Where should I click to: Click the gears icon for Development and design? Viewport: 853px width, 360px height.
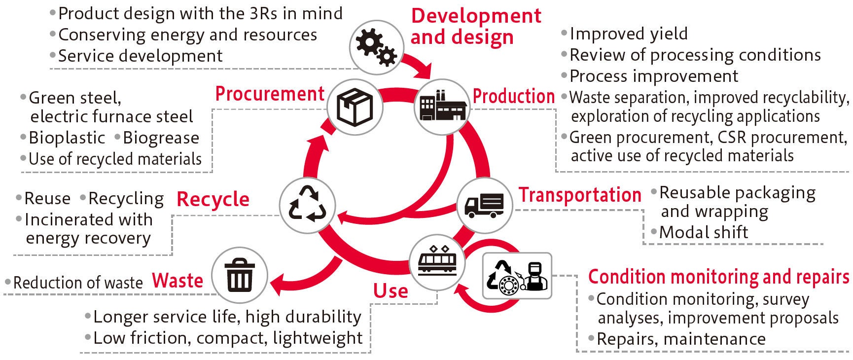click(376, 47)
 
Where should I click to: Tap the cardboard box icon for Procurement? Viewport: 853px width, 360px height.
click(355, 107)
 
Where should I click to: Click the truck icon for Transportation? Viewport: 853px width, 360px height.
click(484, 206)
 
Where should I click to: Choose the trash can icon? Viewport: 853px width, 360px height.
click(240, 276)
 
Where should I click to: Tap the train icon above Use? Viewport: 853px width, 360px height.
click(437, 262)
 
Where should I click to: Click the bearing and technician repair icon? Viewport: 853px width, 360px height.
click(517, 276)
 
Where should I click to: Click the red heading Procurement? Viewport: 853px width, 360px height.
click(270, 94)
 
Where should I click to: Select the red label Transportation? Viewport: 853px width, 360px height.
click(579, 195)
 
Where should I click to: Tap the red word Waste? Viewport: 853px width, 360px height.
click(178, 281)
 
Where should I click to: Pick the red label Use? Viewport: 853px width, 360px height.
click(390, 291)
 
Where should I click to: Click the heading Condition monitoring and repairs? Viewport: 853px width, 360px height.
click(718, 277)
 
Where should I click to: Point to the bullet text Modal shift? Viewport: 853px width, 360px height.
click(703, 232)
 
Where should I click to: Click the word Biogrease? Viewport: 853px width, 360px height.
click(161, 138)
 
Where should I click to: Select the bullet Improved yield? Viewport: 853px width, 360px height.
click(628, 34)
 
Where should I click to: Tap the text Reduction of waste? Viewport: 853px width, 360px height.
click(77, 283)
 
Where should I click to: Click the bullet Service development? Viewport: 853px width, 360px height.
click(140, 56)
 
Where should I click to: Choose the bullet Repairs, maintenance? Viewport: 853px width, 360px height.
click(680, 339)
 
